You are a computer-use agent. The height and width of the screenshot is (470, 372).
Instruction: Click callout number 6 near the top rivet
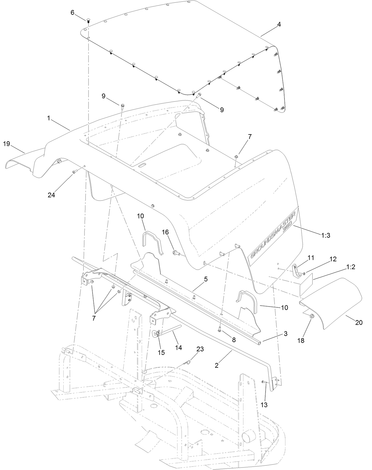click(x=72, y=12)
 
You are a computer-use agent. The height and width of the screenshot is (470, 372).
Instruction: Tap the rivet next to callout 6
click(x=88, y=20)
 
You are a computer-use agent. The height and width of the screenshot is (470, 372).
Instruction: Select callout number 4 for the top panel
click(x=279, y=25)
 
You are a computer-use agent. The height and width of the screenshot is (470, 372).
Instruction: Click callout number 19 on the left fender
click(x=7, y=144)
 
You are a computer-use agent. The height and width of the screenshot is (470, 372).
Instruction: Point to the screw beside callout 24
click(x=74, y=171)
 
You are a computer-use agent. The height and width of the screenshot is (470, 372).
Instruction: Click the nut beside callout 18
click(x=312, y=316)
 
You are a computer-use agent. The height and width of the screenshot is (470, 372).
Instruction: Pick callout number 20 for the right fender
click(x=358, y=323)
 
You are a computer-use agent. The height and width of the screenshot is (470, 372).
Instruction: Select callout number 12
click(x=333, y=259)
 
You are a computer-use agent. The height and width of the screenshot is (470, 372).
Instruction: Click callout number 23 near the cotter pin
click(x=200, y=349)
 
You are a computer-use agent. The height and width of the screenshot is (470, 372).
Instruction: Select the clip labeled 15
click(x=157, y=334)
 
